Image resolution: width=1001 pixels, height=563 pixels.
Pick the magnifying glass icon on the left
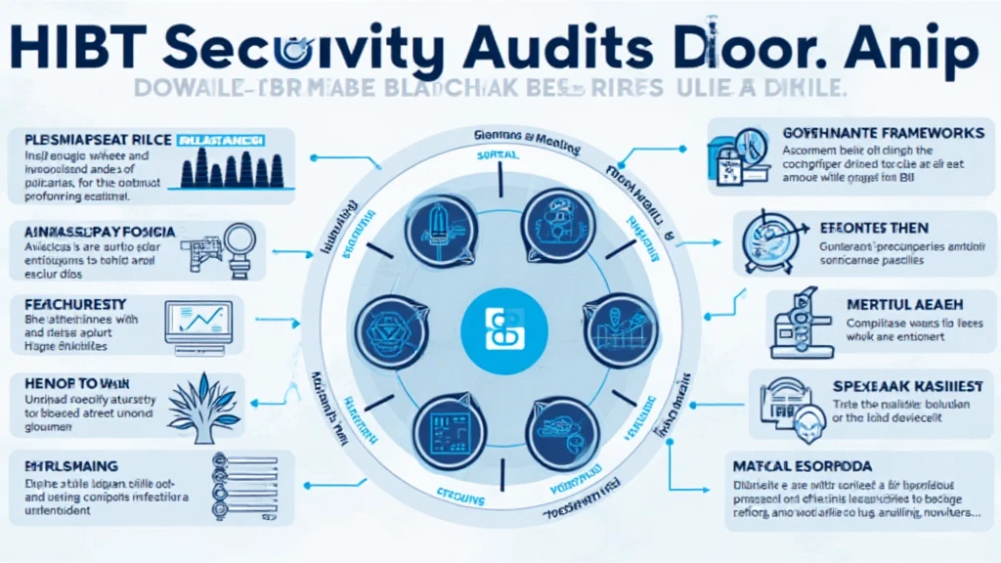click(239, 240)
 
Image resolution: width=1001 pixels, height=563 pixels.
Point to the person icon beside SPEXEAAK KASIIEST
click(804, 422)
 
